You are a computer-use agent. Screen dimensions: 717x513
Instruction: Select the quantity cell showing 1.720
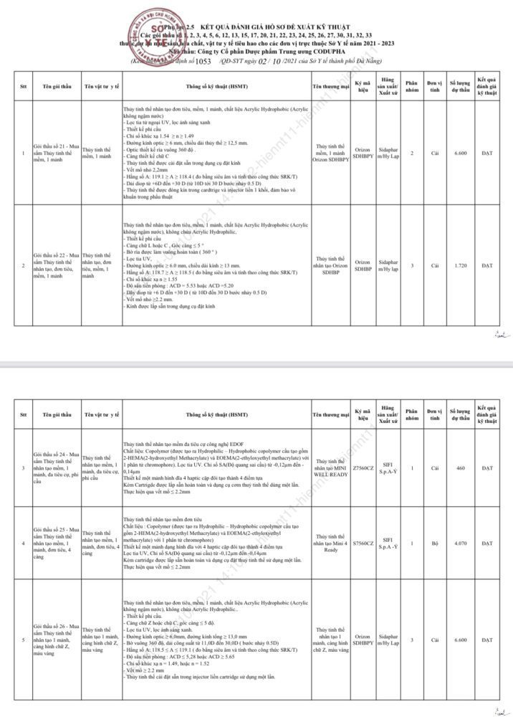click(461, 265)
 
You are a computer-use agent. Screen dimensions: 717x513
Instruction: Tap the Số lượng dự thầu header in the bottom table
click(461, 415)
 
